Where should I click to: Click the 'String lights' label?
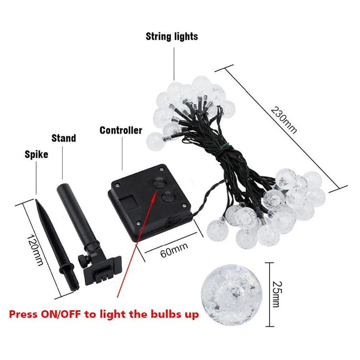pos(172,37)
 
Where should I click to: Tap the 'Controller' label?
pos(121,130)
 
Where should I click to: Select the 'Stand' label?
pos(64,138)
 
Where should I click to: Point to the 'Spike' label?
pos(36,154)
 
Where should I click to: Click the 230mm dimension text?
pos(284,120)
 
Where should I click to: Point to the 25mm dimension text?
pos(275,288)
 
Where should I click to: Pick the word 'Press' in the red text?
pos(23,314)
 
